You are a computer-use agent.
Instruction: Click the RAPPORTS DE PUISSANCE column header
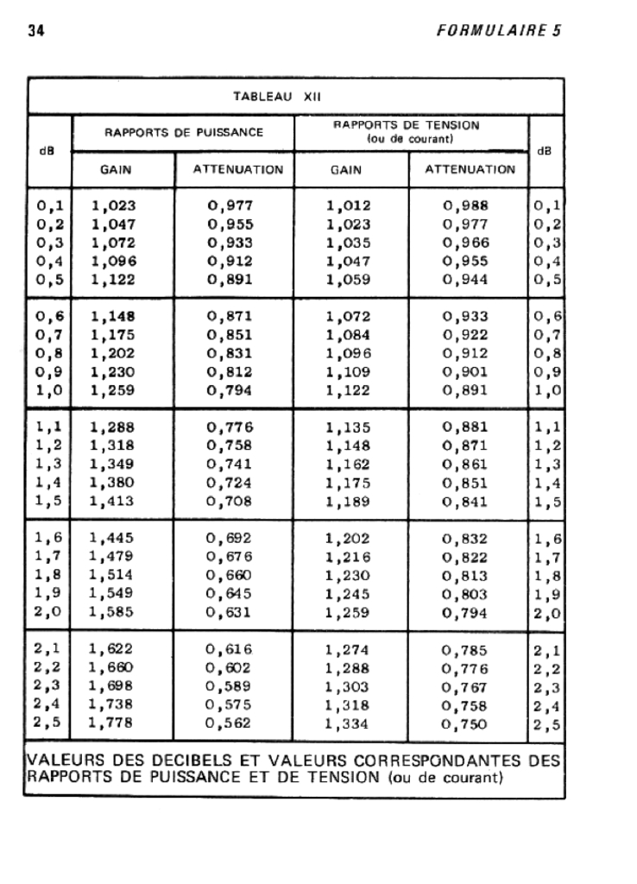tap(184, 134)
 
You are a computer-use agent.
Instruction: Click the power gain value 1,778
tap(114, 723)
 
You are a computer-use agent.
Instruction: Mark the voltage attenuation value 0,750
tap(468, 723)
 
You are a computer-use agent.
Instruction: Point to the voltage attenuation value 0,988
tap(468, 205)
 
